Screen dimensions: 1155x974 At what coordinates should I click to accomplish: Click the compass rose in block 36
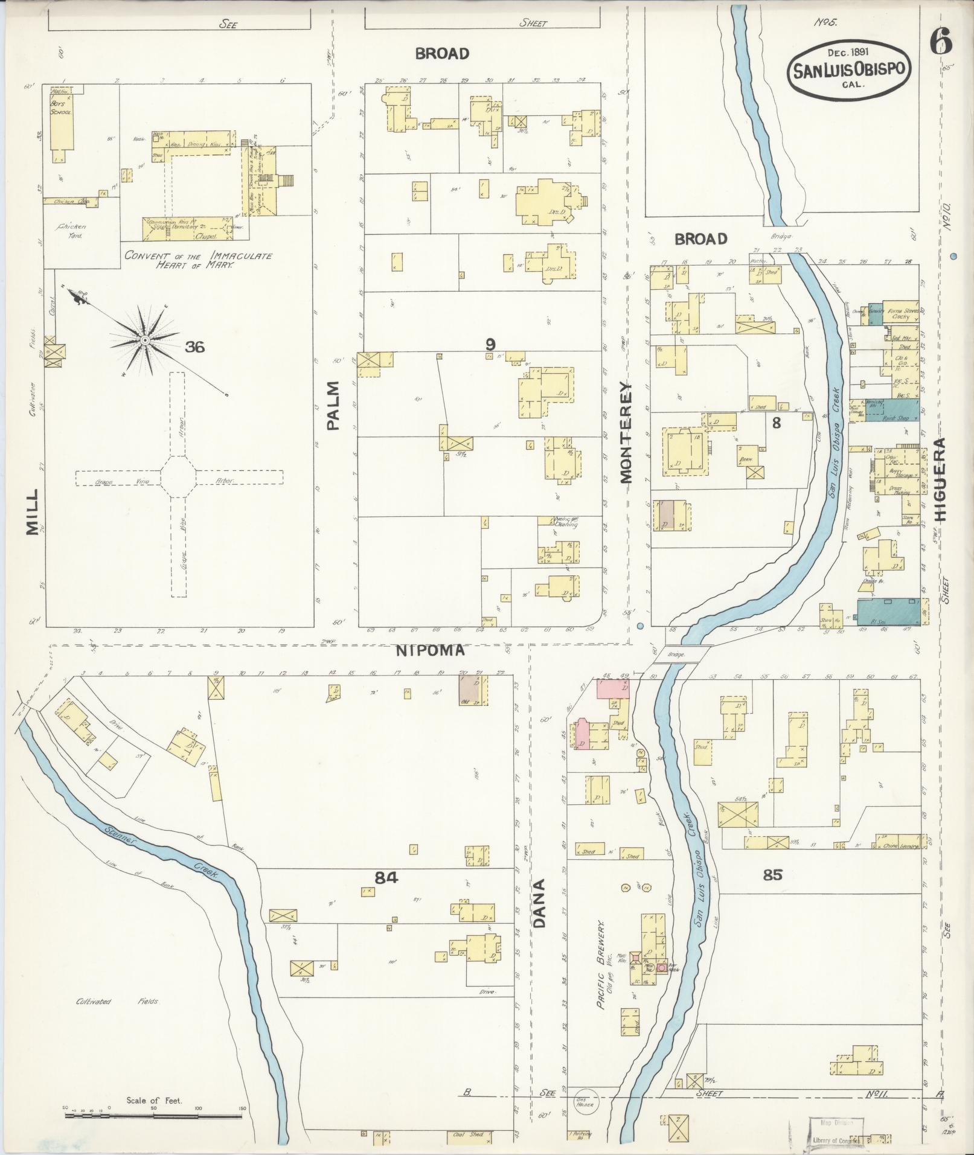click(144, 341)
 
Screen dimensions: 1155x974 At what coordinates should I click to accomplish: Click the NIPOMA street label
click(431, 650)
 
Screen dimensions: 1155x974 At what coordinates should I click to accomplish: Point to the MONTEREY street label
click(625, 433)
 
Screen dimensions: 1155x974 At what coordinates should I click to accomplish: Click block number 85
click(772, 874)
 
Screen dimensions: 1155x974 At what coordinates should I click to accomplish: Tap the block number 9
click(490, 344)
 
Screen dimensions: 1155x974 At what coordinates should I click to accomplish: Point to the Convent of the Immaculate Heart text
click(199, 260)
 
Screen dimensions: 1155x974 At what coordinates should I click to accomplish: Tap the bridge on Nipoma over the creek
click(681, 654)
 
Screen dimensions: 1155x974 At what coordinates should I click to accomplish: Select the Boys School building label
click(61, 108)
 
